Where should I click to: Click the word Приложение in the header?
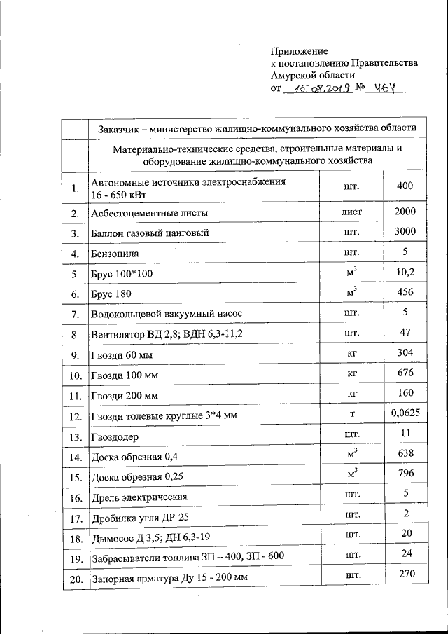coord(299,51)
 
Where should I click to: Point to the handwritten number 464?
coord(386,88)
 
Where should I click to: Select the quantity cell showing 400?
coord(405,186)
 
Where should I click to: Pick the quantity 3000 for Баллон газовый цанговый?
coord(405,231)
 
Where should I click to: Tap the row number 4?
coord(74,253)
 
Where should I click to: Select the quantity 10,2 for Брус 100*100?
coord(405,271)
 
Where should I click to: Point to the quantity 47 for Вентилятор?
coord(405,332)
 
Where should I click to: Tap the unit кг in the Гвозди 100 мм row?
coord(352,373)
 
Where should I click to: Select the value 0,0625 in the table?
coord(405,413)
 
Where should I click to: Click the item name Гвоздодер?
coord(115,437)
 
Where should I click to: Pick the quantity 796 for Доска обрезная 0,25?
coord(405,473)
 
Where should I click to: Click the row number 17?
coord(74,519)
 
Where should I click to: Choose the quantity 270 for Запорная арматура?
coord(405,574)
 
